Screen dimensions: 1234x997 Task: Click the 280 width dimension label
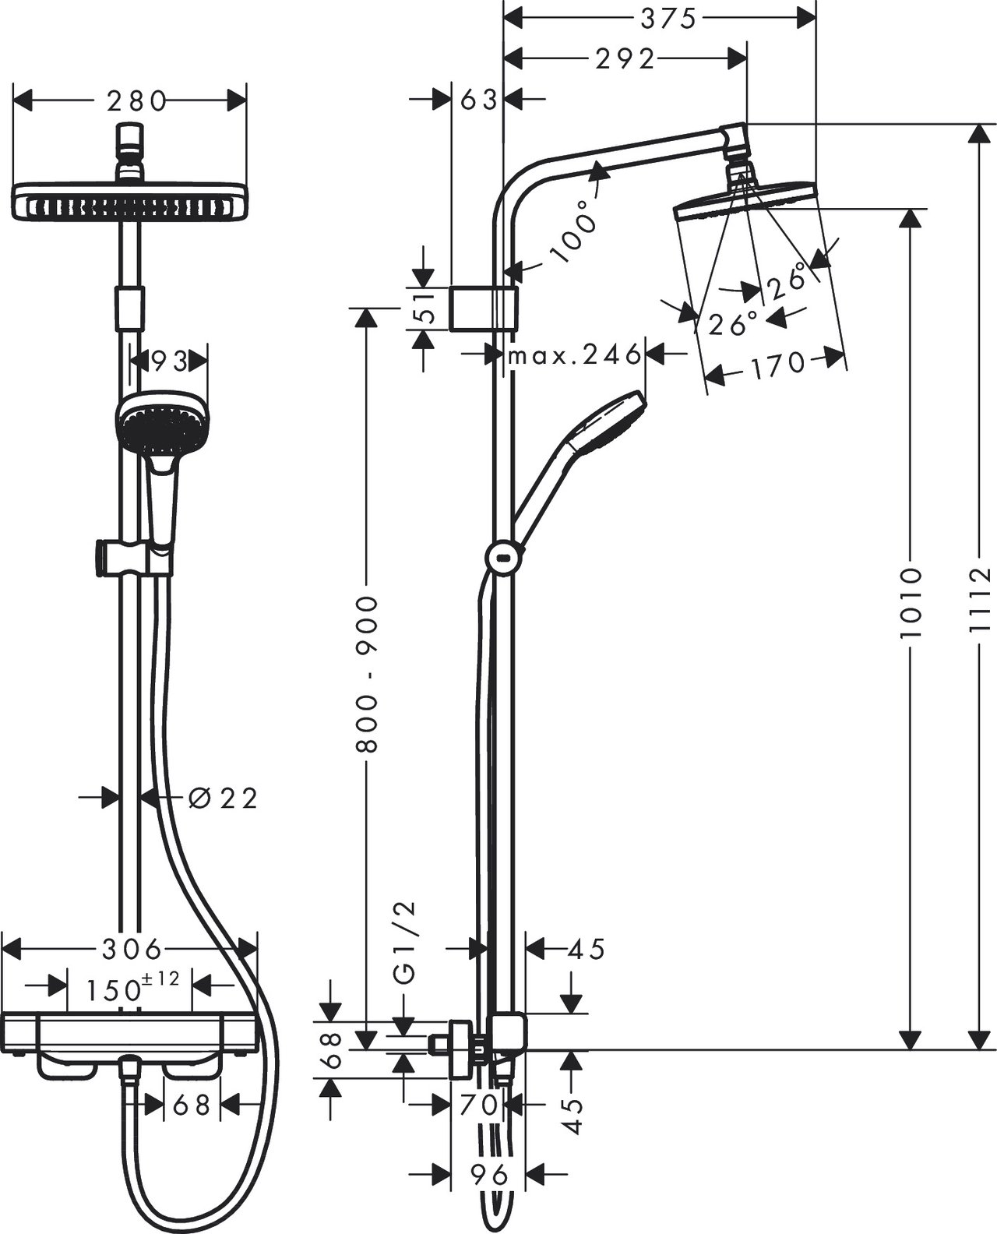137,101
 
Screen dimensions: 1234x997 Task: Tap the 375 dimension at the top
668,19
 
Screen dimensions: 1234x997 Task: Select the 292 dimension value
625,60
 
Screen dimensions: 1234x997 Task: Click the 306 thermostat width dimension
132,949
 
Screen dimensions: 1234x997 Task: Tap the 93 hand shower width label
169,361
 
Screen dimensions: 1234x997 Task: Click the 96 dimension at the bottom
489,1174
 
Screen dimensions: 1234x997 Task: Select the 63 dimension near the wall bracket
478,100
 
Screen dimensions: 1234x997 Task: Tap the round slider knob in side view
505,558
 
